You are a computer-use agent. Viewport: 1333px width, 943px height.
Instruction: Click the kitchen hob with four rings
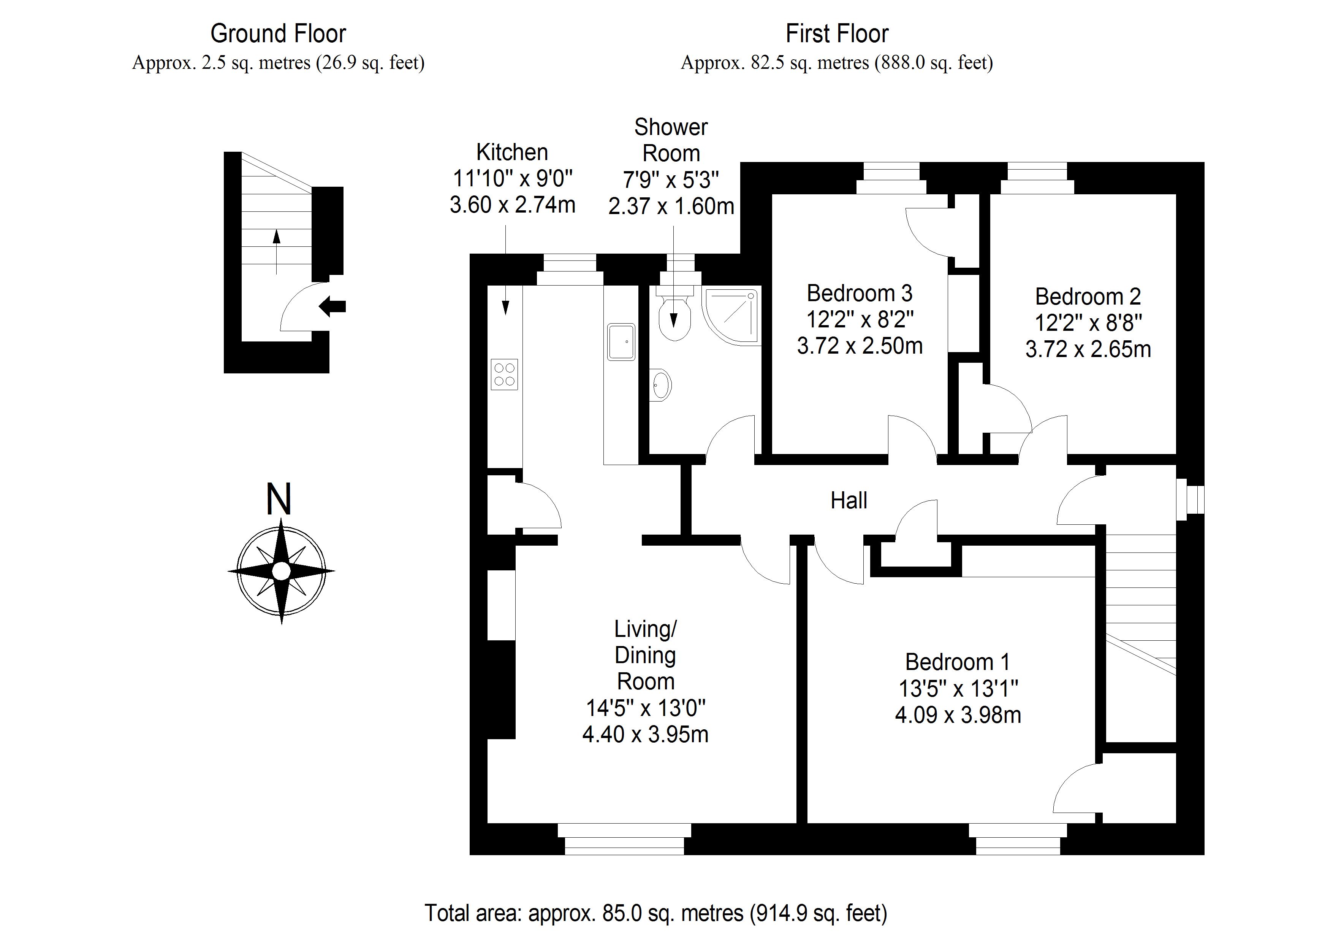click(504, 374)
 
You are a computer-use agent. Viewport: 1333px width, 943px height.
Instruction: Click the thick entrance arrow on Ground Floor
click(332, 306)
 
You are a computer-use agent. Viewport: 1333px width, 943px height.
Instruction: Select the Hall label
click(849, 500)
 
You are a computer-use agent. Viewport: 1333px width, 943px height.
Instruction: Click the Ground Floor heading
click(278, 34)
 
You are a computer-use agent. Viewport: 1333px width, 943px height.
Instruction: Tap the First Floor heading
click(837, 34)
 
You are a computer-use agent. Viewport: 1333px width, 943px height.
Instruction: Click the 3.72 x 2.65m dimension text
click(1088, 349)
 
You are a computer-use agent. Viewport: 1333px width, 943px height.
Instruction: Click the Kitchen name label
click(512, 152)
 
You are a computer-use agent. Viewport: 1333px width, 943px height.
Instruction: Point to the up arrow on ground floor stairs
click(276, 252)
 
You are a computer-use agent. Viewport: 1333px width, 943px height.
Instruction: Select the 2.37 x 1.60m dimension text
click(671, 206)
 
